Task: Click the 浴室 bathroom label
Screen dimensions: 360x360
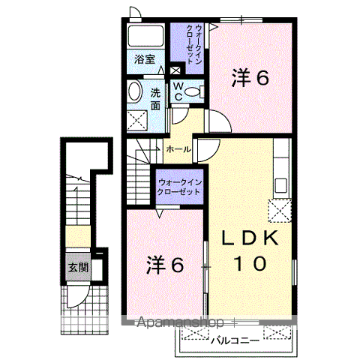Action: point(145,59)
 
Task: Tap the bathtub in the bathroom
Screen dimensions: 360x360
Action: point(145,35)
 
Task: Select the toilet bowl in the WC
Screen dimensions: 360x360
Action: point(194,91)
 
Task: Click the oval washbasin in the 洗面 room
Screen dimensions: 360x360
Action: point(135,91)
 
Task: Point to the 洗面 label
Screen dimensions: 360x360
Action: point(155,100)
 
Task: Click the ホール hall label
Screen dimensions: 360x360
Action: point(178,149)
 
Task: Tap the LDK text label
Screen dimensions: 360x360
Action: point(250,238)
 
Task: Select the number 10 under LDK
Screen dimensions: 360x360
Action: point(250,263)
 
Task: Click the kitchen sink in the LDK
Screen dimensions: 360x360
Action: point(280,185)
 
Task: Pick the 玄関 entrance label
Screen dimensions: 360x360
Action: point(79,268)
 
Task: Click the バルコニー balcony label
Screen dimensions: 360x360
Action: point(235,340)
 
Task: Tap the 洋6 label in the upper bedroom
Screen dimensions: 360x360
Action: point(250,78)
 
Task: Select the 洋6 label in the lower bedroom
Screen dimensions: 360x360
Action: point(165,265)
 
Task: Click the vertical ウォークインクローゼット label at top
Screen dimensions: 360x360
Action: point(193,44)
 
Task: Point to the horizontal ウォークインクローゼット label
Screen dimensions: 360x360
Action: point(179,187)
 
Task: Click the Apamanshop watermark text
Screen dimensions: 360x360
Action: point(180,322)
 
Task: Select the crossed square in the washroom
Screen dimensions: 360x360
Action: point(137,121)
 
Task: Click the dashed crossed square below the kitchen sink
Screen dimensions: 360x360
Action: point(280,211)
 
